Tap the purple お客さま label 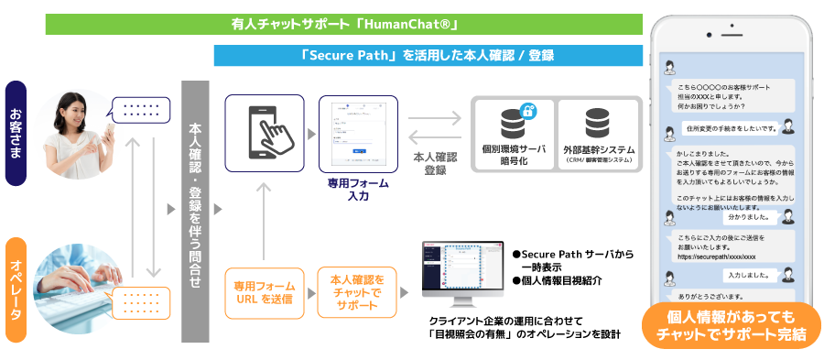(16, 133)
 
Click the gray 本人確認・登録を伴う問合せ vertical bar (194, 211)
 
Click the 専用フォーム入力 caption (358, 189)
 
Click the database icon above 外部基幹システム (599, 122)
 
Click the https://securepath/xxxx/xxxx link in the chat (717, 257)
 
